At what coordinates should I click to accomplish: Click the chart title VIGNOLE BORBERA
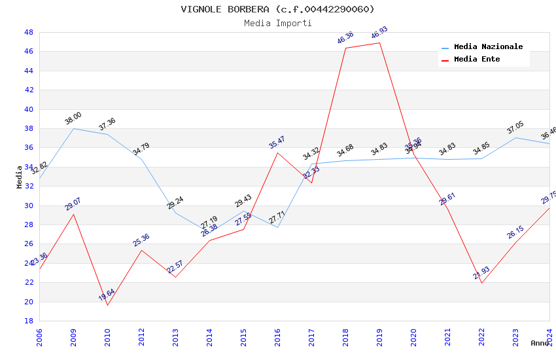coord(277,9)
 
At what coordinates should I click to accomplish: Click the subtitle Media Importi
coord(277,23)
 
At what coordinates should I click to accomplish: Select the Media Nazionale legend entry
coord(488,47)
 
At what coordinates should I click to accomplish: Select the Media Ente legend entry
coord(477,60)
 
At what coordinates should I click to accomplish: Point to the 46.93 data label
coord(379,33)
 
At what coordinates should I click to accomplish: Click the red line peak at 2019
coord(379,43)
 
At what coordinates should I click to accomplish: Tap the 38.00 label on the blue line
coord(73,118)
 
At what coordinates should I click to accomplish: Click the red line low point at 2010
coord(107,305)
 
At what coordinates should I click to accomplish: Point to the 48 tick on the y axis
coord(29,32)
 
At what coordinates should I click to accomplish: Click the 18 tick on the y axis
coord(29,321)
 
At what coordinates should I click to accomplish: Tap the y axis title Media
coord(20,177)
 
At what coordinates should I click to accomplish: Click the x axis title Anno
coord(540,343)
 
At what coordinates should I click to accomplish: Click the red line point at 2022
coord(481,283)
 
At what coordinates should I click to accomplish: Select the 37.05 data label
coord(515,127)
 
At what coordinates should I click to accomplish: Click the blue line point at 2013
coord(175,213)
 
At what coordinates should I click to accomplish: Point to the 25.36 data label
coord(141,240)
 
